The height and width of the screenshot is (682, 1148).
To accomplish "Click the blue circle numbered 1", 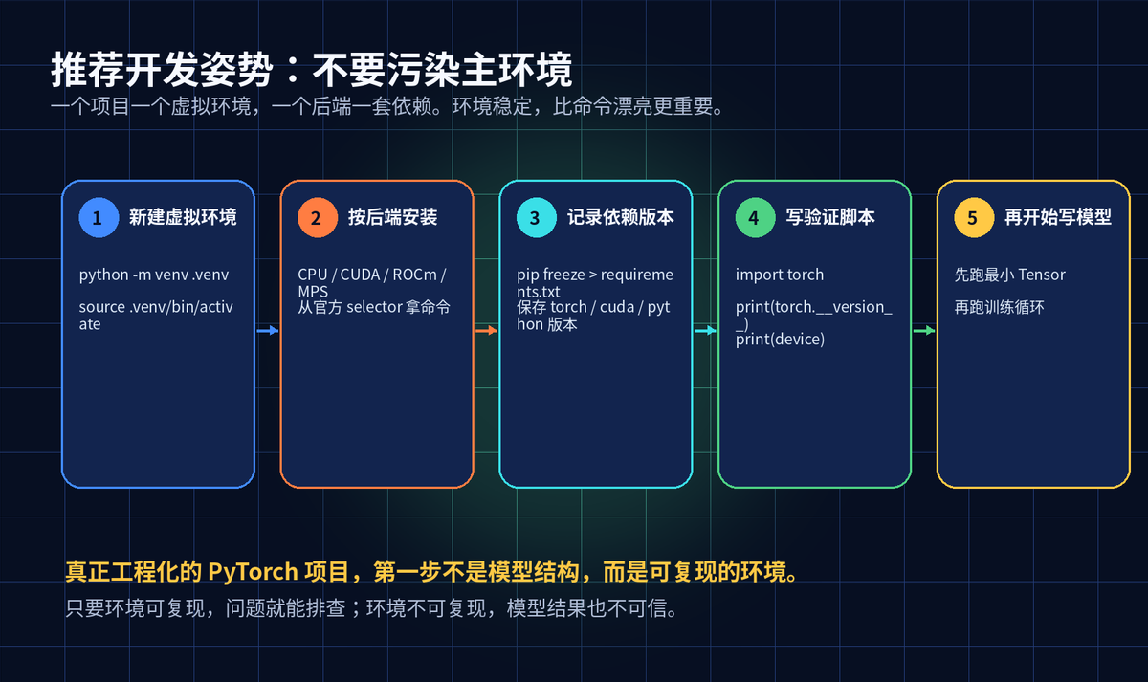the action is tap(99, 218).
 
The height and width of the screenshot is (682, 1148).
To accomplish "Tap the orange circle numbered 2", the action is tap(318, 218).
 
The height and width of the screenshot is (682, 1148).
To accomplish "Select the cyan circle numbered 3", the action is tap(536, 218).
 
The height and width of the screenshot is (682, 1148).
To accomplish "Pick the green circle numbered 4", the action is tap(755, 218).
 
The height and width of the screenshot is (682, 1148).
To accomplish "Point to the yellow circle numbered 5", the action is tap(974, 218).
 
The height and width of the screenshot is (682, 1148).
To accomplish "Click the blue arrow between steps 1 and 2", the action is tap(268, 331).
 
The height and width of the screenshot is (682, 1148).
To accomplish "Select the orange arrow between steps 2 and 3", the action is tap(486, 331).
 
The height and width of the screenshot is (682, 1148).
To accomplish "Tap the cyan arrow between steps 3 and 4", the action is tap(705, 331).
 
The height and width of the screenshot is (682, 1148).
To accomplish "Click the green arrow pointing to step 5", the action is tap(924, 331).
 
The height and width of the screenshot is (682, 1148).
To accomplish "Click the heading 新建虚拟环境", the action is tap(183, 217).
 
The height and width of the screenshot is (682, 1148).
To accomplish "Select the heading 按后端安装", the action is tap(392, 217).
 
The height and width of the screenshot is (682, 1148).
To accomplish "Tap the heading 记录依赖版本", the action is tap(620, 217).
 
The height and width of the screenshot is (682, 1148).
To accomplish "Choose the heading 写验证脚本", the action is tap(830, 217).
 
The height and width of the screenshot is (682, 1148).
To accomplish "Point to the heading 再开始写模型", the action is tap(1058, 217).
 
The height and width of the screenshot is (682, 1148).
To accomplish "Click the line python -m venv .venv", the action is tap(154, 275).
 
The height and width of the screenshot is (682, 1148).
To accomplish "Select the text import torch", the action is tap(780, 275).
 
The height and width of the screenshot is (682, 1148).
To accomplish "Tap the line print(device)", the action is tap(780, 340).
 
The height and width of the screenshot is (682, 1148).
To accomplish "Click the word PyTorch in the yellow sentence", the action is tap(254, 572).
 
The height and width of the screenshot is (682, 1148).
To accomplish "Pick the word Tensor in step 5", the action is tap(1042, 275).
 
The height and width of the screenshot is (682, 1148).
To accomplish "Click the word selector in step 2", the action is tap(374, 307).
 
